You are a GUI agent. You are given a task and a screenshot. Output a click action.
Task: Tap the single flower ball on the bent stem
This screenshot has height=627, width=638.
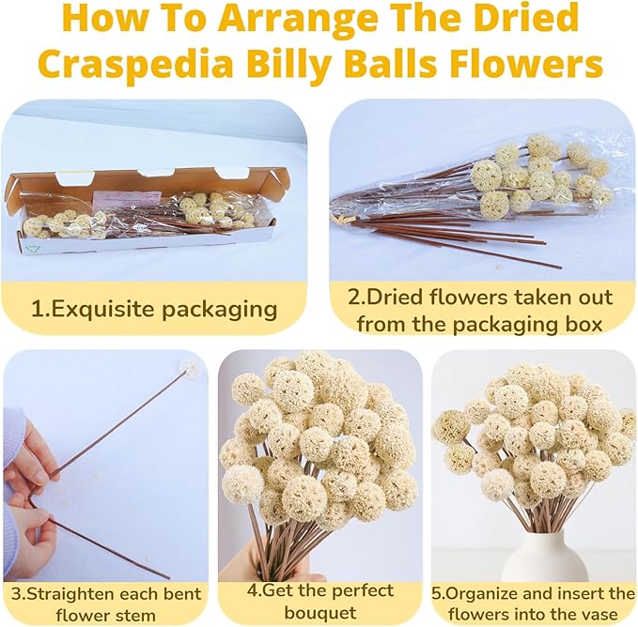pos(190,367)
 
